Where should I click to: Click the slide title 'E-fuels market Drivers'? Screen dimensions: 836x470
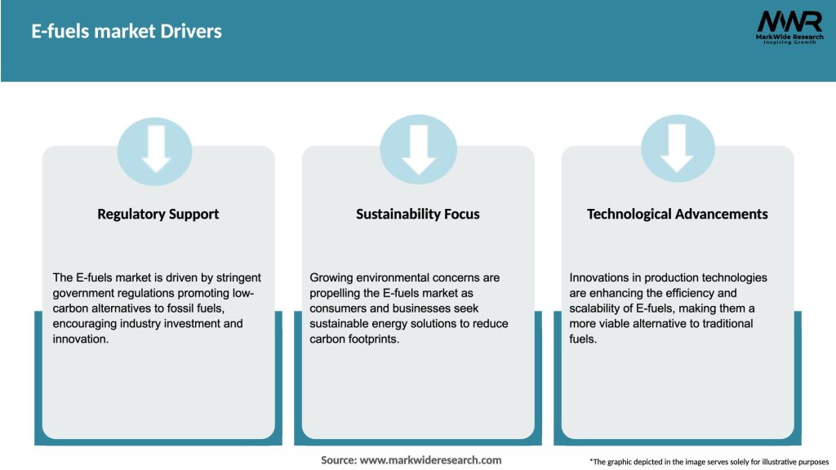point(127,32)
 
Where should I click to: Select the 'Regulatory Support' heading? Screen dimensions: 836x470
point(158,214)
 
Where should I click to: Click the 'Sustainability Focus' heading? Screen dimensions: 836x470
point(418,214)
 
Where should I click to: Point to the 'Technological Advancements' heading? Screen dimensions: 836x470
point(678,214)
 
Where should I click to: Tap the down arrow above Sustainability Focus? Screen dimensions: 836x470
point(419,148)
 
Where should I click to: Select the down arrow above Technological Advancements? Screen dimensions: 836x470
point(678,148)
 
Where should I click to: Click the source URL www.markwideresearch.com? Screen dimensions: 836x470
point(432,460)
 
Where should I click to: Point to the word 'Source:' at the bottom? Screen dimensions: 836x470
point(339,460)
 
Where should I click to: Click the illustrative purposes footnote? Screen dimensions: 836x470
point(709,462)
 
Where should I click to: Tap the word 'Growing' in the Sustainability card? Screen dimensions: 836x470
point(331,277)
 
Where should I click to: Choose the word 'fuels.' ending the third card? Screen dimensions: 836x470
point(583,339)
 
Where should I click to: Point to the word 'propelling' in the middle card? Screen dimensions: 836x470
point(336,293)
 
